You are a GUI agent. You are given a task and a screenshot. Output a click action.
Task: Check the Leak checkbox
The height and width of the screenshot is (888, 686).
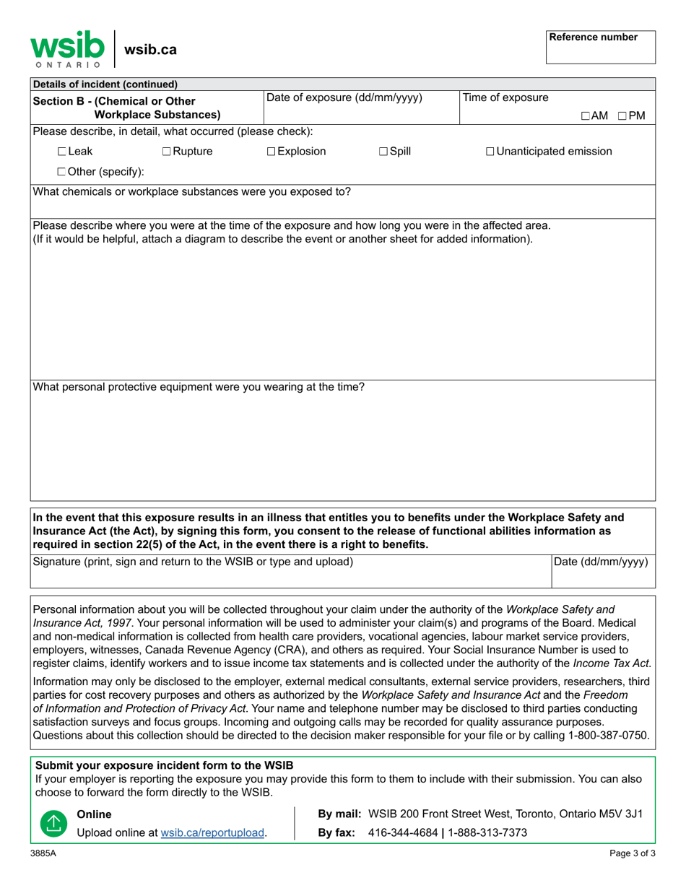[x=62, y=152]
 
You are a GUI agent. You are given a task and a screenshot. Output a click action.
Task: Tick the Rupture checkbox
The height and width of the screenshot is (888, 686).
[x=167, y=152]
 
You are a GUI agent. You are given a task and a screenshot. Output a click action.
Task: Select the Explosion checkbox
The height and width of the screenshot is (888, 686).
[x=271, y=152]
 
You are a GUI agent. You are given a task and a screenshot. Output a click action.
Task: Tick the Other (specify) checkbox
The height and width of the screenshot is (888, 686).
[x=62, y=171]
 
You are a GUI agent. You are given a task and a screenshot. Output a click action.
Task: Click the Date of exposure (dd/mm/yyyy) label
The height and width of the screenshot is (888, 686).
[x=344, y=97]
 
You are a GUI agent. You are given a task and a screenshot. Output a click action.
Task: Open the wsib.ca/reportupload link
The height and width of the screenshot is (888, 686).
[x=212, y=832]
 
